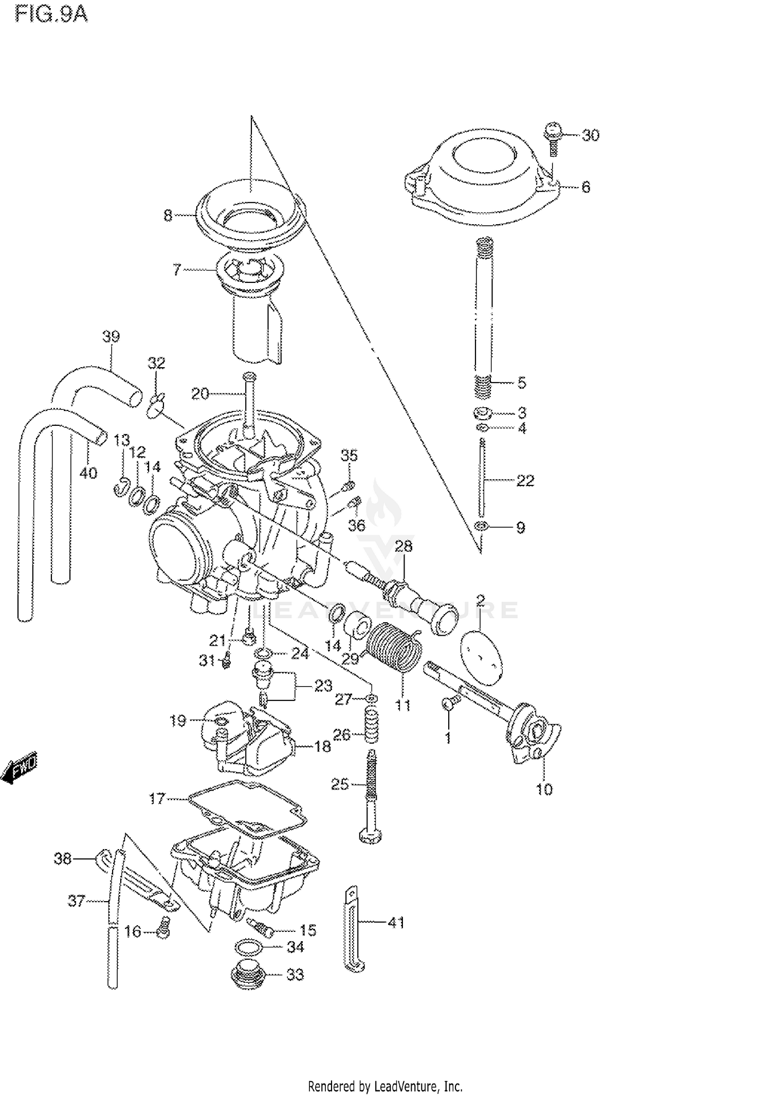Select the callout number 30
591,135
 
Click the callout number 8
168,215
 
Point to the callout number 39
111,336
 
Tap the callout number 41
396,923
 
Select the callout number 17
157,798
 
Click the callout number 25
340,784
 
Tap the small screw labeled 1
447,703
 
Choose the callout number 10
544,789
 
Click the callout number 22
525,480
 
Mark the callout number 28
403,546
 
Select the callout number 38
63,858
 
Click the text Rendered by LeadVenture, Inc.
385,1082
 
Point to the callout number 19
178,721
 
